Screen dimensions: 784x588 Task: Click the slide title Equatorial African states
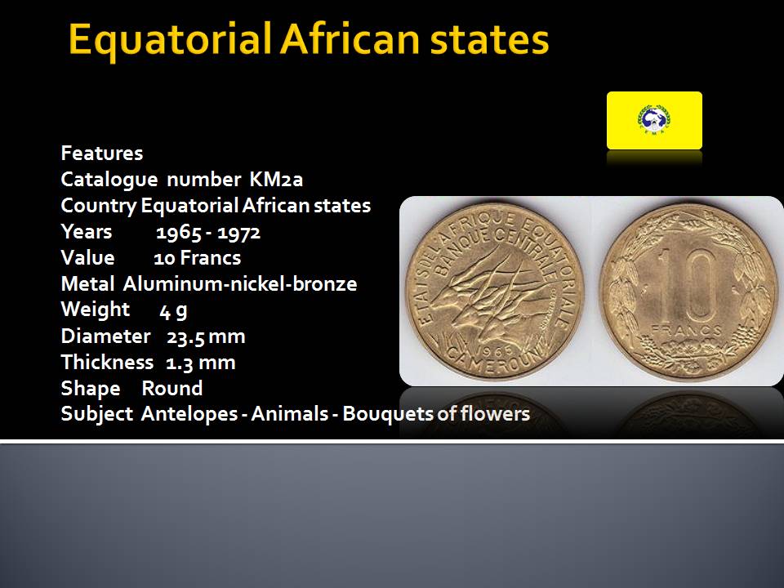309,39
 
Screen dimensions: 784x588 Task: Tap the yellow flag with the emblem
654,120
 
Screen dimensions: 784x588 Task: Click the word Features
102,153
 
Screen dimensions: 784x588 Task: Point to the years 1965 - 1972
208,232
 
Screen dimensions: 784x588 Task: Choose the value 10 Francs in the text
197,258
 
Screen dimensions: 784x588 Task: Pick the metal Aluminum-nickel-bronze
240,284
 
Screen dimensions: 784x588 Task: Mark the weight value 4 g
173,311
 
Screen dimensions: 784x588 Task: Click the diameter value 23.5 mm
206,336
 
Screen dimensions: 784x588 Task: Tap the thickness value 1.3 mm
200,363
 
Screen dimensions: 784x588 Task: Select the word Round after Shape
172,389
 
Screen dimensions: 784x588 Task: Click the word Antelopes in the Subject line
189,414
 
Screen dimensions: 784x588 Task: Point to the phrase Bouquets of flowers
436,414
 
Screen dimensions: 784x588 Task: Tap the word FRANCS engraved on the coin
686,330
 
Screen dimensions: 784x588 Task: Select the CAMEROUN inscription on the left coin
492,361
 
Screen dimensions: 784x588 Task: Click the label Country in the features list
98,206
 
